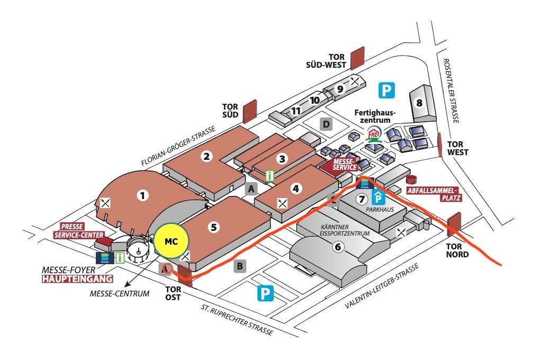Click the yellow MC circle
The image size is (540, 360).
(x=171, y=241)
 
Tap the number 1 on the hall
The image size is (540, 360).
(x=142, y=195)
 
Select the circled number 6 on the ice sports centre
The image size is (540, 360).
(x=338, y=246)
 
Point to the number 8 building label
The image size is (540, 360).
(x=419, y=103)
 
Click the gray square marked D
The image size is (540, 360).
(x=327, y=124)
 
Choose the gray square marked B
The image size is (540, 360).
(x=240, y=266)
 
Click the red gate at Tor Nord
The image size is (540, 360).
(x=454, y=224)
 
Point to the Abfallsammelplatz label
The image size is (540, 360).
(x=434, y=194)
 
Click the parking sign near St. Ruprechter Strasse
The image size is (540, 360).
(x=265, y=294)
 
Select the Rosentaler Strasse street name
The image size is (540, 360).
(x=450, y=91)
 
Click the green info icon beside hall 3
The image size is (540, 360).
(x=271, y=175)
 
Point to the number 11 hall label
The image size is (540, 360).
(x=296, y=111)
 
